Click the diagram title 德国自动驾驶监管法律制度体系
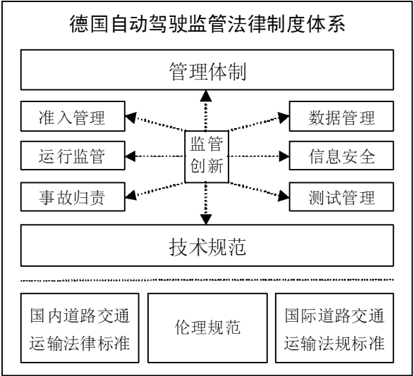207,24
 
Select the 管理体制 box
207,70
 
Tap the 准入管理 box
73,116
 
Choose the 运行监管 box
73,156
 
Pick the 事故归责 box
73,196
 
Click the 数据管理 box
341,116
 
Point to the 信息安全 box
341,156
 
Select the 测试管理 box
341,196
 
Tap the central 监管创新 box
207,156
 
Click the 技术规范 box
207,246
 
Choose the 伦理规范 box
207,328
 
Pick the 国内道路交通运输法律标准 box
80,328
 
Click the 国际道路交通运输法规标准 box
334,328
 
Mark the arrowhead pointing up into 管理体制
206,96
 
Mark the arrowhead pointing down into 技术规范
206,220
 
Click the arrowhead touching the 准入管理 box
130,118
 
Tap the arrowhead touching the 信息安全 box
284,156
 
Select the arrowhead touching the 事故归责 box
130,195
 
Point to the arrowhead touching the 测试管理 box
284,196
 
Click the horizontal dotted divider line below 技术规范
207,280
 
